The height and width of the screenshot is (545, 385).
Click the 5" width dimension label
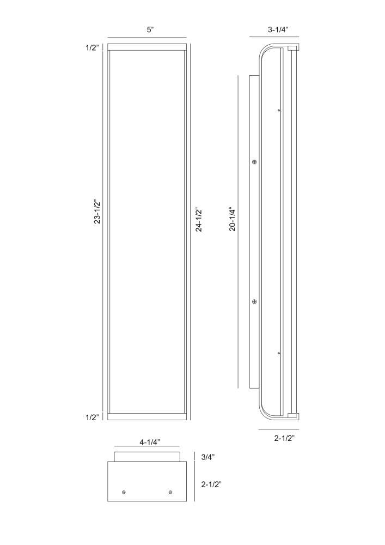(x=150, y=30)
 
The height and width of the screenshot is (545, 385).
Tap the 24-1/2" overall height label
(x=199, y=220)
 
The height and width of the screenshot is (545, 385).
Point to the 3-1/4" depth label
(x=278, y=30)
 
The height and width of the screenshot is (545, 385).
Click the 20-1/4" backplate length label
(x=232, y=219)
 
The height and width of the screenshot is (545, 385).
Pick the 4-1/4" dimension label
(x=149, y=442)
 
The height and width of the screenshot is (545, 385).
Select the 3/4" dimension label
(x=208, y=457)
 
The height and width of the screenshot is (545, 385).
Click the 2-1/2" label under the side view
(x=284, y=438)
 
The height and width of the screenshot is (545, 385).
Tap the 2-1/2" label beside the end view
(x=211, y=484)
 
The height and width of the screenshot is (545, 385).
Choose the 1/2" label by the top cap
(x=93, y=47)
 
